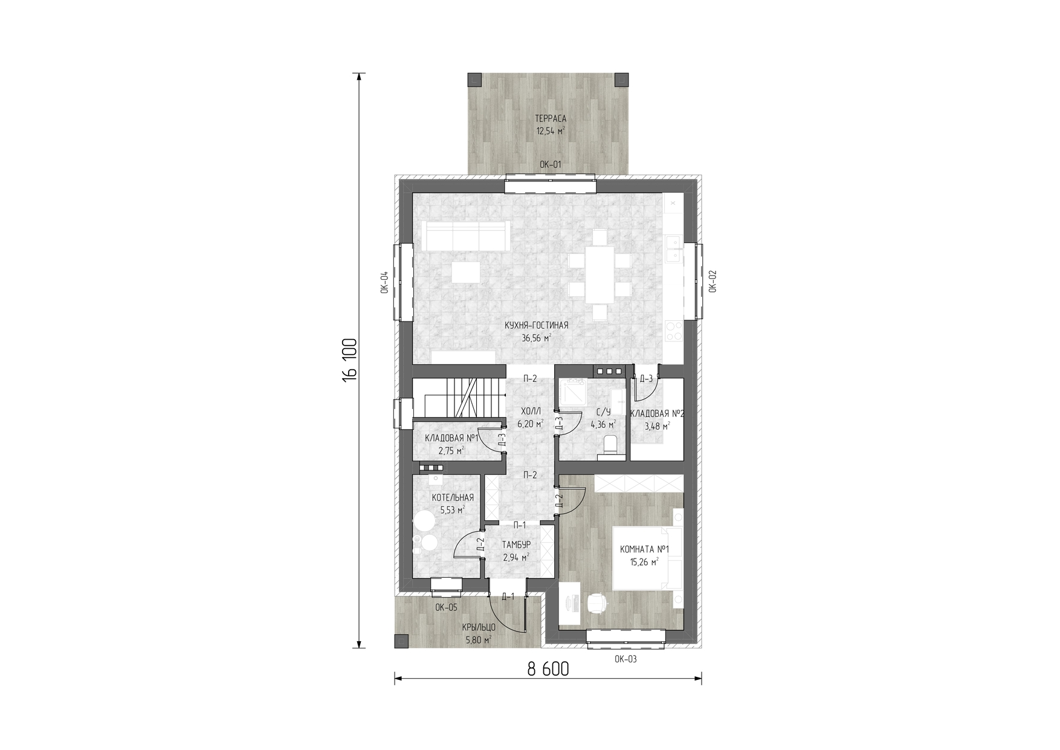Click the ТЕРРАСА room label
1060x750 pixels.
coord(551,118)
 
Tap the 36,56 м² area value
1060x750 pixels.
coord(537,338)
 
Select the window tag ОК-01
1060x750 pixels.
coord(551,164)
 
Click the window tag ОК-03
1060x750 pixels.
coord(625,659)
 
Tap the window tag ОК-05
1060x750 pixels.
coord(446,608)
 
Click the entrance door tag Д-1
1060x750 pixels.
coord(508,597)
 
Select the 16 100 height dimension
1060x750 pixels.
coord(350,360)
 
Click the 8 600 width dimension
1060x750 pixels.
coord(548,669)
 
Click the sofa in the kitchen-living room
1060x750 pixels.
coord(465,236)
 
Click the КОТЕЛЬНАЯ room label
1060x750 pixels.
coord(453,498)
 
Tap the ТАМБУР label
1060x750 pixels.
coord(516,545)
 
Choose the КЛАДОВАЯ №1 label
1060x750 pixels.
coord(452,438)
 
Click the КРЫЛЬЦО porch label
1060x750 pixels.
coord(479,628)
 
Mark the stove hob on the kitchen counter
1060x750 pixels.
coord(673,331)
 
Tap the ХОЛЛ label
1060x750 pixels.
coord(530,412)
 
